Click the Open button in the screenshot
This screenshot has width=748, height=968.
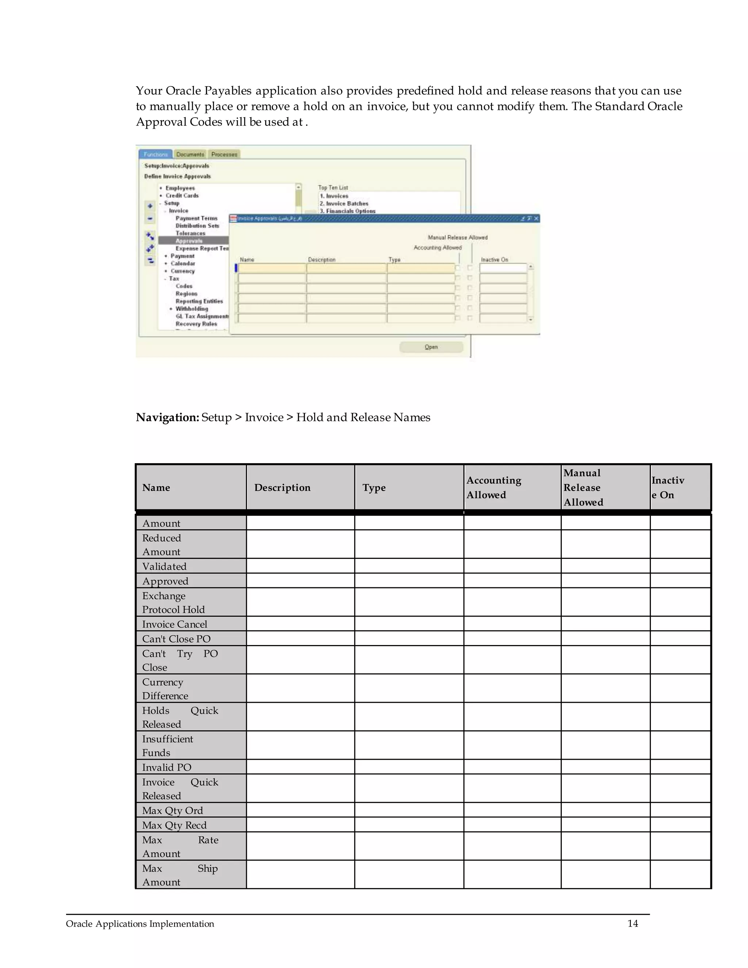click(431, 347)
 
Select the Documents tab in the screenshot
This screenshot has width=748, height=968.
click(190, 154)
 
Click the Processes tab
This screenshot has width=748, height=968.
click(224, 154)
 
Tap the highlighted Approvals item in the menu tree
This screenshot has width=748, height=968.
click(189, 241)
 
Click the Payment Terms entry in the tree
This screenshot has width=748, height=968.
click(196, 218)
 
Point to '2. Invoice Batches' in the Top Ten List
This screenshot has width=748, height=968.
click(344, 203)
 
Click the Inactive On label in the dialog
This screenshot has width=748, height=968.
click(495, 260)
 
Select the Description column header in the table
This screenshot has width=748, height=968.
click(282, 488)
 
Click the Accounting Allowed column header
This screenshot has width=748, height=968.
click(494, 488)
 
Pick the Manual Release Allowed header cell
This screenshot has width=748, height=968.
click(583, 488)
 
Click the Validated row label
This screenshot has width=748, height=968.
click(164, 567)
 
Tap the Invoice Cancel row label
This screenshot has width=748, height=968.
click(175, 624)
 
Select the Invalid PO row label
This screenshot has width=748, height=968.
click(167, 767)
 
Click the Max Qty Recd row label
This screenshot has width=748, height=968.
click(174, 825)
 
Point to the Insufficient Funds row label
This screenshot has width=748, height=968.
click(168, 746)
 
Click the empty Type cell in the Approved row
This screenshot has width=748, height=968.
click(409, 581)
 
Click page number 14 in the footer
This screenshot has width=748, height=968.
click(632, 924)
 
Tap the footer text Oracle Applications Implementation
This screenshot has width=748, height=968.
click(140, 924)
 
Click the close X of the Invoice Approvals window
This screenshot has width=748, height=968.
click(536, 218)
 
